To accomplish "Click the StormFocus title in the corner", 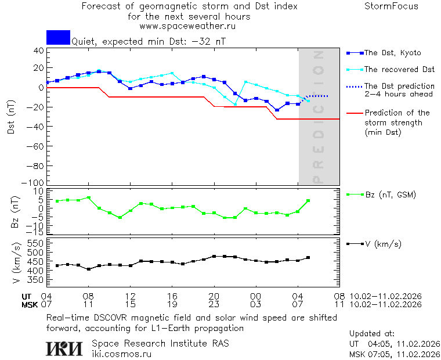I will [391, 6].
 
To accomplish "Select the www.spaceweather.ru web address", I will [187, 26].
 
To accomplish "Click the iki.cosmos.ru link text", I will [121, 354].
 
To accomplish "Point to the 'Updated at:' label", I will [372, 334].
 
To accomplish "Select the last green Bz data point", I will [308, 201].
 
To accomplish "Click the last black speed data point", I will [308, 257].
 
